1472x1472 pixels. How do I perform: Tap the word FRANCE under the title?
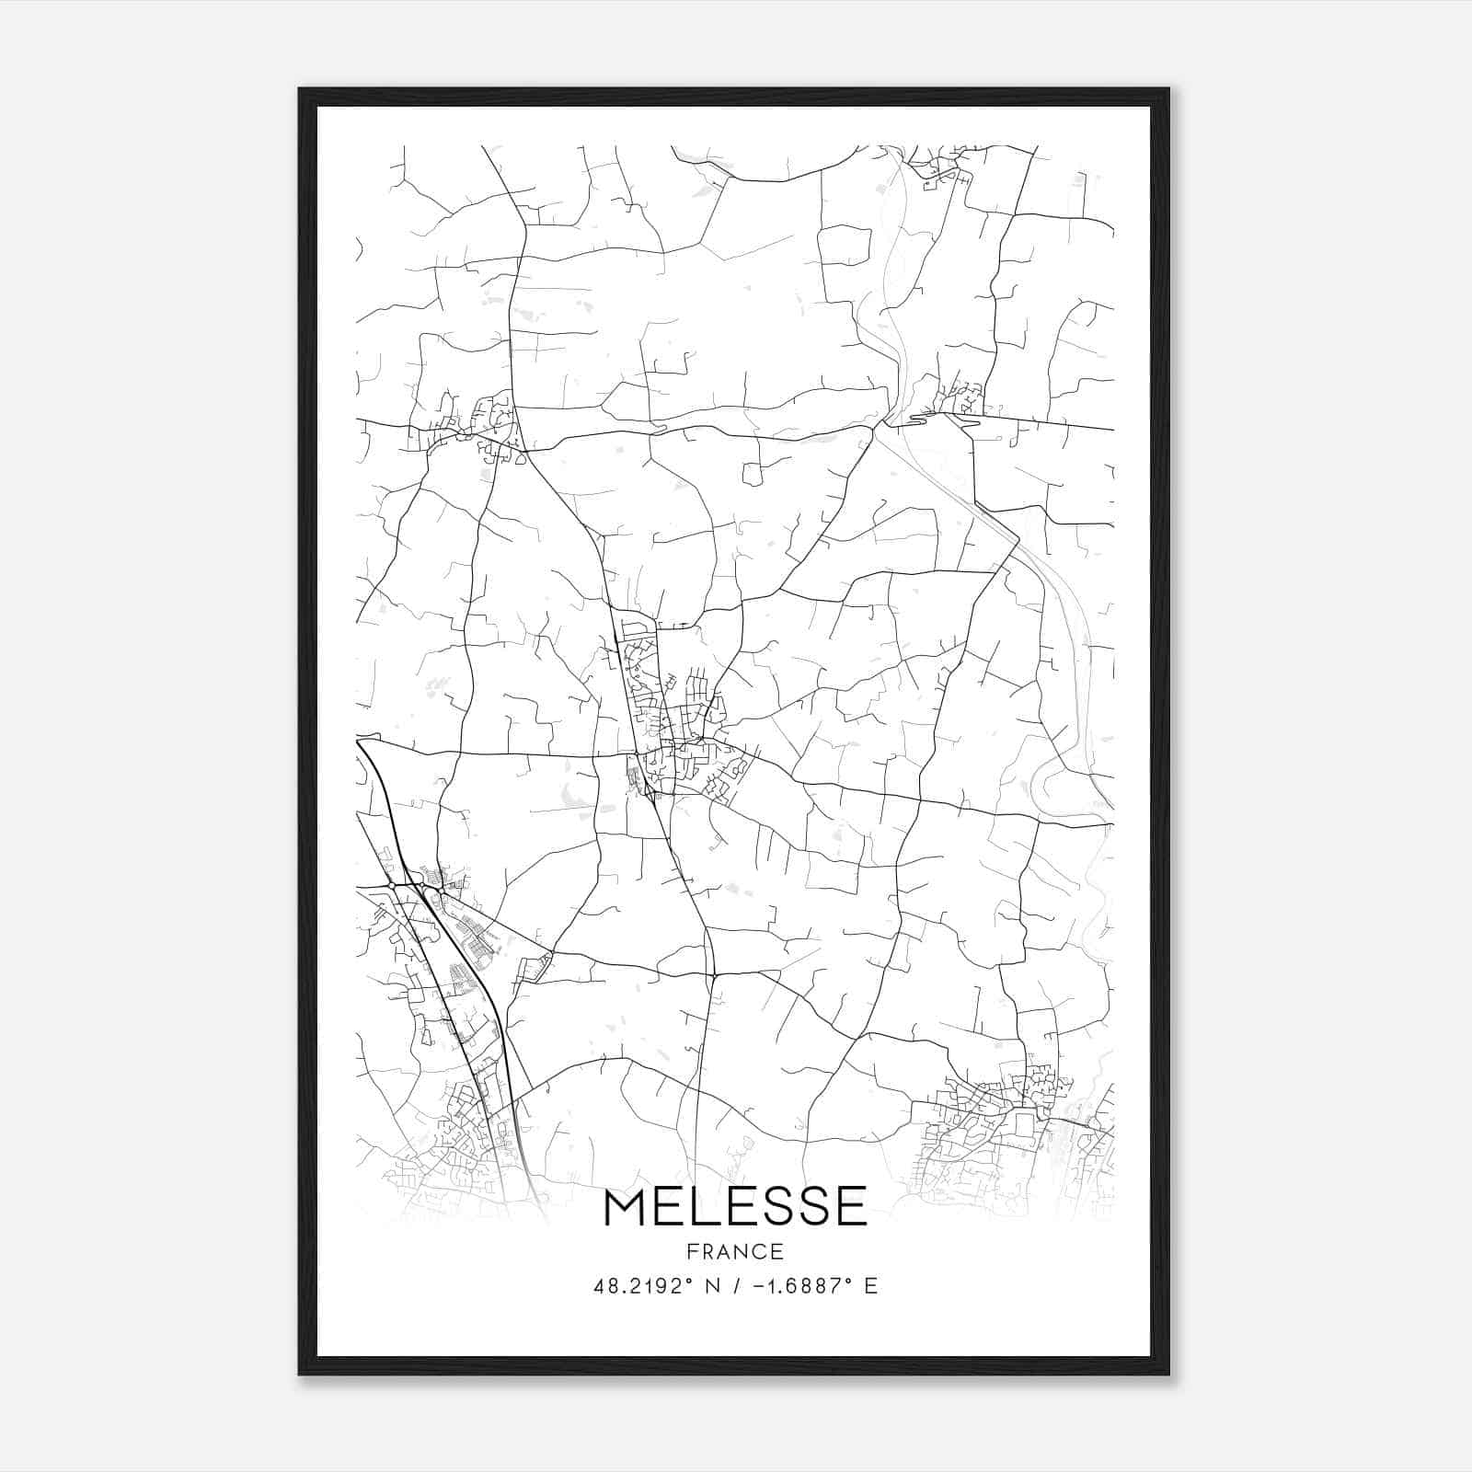pyautogui.click(x=735, y=1251)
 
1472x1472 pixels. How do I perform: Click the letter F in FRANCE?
pyautogui.click(x=692, y=1251)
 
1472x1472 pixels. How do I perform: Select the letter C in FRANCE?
pyautogui.click(x=759, y=1251)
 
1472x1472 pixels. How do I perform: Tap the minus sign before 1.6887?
pyautogui.click(x=758, y=1286)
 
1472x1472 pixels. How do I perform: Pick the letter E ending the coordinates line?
pyautogui.click(x=870, y=1286)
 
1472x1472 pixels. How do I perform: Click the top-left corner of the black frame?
pyautogui.click(x=300, y=89)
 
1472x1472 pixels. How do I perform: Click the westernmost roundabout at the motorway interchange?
pyautogui.click(x=392, y=885)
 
